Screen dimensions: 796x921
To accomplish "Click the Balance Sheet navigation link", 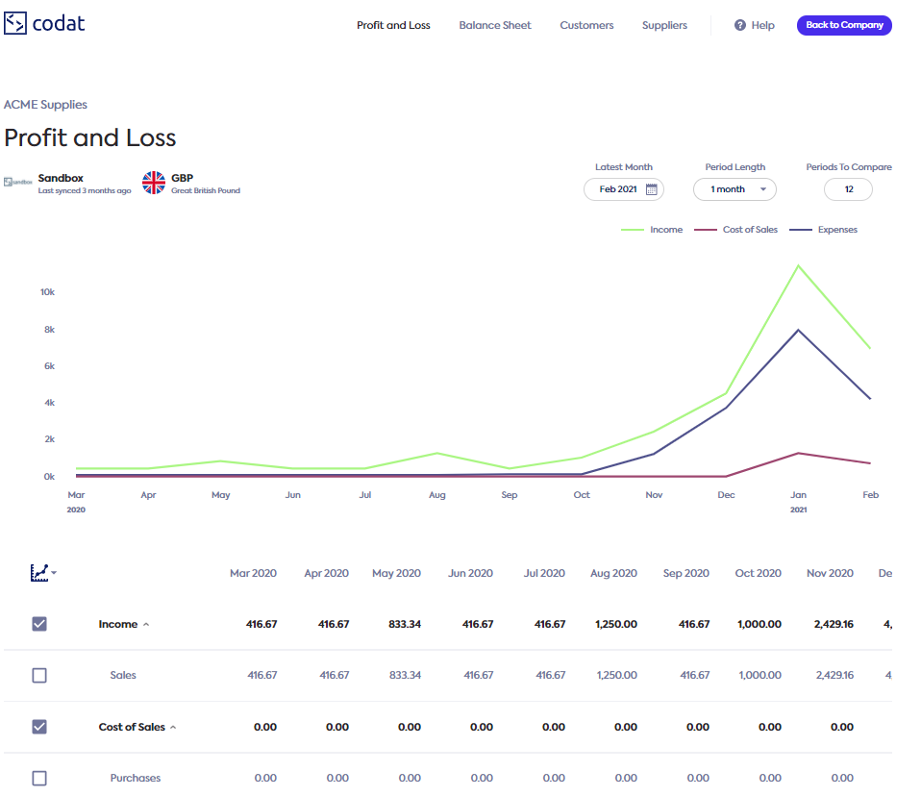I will click(495, 25).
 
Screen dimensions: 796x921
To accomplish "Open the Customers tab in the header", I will click(586, 25).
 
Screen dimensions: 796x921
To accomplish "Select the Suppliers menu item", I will click(664, 25).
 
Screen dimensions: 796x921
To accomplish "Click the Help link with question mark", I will click(755, 25).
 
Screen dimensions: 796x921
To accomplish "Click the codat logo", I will click(44, 23).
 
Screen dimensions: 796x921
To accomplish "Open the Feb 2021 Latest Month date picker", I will click(624, 189).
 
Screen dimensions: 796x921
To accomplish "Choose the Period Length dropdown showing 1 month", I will click(734, 189).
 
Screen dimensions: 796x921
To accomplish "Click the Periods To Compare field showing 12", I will click(848, 189).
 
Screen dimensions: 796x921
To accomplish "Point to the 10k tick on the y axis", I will click(48, 292).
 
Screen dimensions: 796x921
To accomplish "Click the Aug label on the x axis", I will click(437, 495).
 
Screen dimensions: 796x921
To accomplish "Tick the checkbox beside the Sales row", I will click(39, 676).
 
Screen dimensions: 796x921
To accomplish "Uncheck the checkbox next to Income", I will click(39, 624).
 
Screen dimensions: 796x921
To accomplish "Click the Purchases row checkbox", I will click(39, 778).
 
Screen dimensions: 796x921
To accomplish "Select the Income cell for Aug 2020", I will click(616, 624).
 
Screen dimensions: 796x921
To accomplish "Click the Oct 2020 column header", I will click(758, 573).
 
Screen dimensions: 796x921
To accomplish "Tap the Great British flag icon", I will click(154, 183).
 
